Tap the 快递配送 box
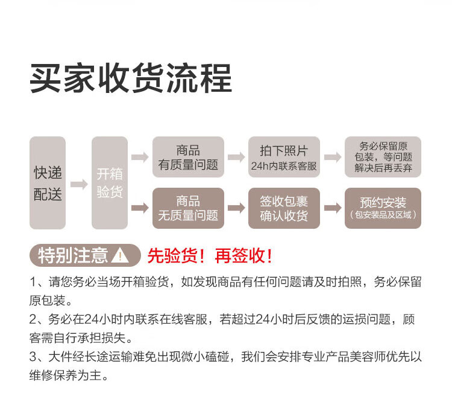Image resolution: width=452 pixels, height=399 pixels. (48, 183)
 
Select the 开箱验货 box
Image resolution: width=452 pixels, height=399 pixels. (110, 183)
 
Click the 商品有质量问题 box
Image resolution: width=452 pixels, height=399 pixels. (188, 157)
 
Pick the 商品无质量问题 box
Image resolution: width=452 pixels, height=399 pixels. (188, 208)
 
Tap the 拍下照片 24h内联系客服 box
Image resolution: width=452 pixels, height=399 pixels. (283, 157)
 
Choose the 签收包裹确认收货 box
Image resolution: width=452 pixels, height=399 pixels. (283, 208)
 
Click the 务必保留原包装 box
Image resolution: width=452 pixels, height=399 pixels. (383, 157)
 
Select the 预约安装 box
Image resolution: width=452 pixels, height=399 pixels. (383, 208)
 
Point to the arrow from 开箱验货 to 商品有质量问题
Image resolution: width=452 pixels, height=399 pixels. (140, 157)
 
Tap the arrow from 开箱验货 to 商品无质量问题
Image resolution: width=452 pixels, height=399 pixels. (140, 208)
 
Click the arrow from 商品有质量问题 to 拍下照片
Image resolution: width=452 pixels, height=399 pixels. (236, 157)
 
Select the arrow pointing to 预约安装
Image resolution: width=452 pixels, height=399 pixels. (333, 208)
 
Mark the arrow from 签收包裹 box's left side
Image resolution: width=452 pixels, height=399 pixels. (236, 208)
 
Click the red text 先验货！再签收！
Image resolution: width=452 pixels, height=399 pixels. (210, 255)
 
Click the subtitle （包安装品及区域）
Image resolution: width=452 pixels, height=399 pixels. (383, 215)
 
